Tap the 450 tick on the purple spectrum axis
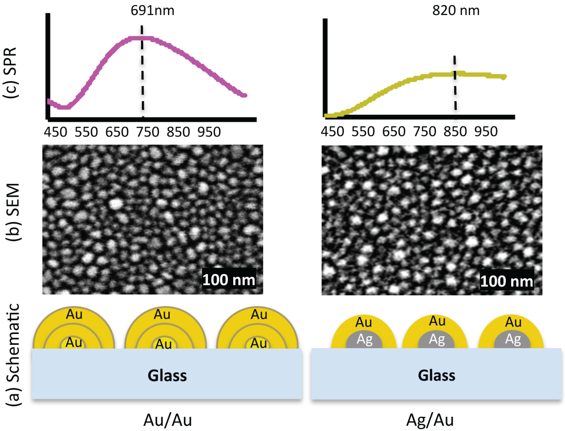tap(55, 132)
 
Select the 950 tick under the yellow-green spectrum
tap(486, 132)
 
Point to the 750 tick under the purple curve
tap(148, 132)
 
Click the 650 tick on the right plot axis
tap(394, 132)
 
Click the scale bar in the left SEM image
tap(229, 280)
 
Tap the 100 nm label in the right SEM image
tap(507, 281)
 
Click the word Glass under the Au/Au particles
tap(167, 376)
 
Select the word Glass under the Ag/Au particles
tap(436, 375)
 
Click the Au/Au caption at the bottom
tap(167, 420)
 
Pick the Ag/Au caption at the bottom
tap(430, 420)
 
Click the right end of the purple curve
tap(245, 95)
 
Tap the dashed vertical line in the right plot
tap(455, 85)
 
